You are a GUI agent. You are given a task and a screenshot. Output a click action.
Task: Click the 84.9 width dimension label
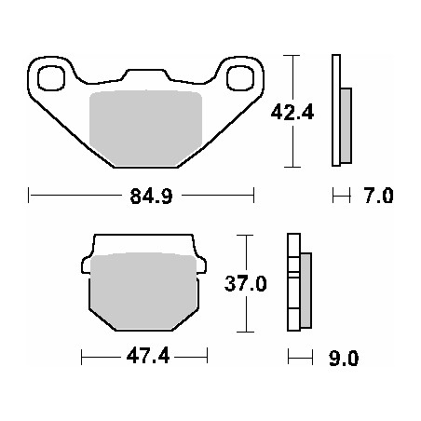tap(143, 197)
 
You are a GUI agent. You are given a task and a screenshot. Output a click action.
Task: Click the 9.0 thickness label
tap(343, 358)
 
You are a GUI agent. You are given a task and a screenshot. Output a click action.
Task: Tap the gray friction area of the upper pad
tap(144, 127)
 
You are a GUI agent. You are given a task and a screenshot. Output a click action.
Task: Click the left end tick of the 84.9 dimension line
tap(30, 197)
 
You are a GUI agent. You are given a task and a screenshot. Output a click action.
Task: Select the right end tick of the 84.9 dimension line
tap(254, 197)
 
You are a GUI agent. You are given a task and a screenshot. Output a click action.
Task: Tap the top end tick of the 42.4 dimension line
tap(294, 56)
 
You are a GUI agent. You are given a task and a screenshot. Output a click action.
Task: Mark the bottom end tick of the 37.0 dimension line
tap(246, 332)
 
